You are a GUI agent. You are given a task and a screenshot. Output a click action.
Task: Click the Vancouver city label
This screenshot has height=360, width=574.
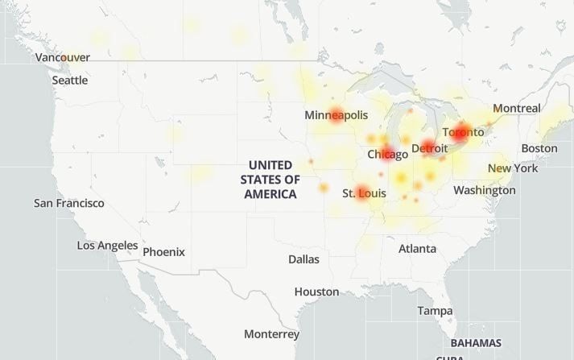pyautogui.click(x=63, y=57)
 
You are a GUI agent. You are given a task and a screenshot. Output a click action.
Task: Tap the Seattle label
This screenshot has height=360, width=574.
pyautogui.click(x=70, y=80)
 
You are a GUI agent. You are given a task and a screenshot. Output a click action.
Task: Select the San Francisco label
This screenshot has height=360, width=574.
pyautogui.click(x=68, y=203)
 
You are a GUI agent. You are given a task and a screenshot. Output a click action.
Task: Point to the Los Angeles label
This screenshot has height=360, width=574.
pyautogui.click(x=107, y=245)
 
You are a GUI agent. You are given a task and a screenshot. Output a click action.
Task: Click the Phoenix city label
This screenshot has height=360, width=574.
pyautogui.click(x=163, y=252)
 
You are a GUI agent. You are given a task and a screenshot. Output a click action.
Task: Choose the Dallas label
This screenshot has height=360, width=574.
pyautogui.click(x=304, y=259)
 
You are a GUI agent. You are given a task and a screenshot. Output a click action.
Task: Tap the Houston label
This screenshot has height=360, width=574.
pyautogui.click(x=316, y=292)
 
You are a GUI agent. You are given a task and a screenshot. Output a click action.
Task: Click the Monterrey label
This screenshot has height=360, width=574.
pyautogui.click(x=271, y=333)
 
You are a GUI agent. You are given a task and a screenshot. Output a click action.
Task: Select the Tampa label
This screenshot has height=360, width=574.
pyautogui.click(x=435, y=310)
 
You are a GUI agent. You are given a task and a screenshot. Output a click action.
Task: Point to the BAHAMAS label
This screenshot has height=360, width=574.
pyautogui.click(x=476, y=342)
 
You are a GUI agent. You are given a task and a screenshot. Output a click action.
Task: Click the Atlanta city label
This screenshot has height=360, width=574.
pyautogui.click(x=417, y=249)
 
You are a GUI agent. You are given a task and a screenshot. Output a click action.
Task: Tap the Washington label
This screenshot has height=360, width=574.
pyautogui.click(x=484, y=190)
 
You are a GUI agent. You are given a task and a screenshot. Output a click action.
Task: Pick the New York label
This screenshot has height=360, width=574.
pyautogui.click(x=513, y=168)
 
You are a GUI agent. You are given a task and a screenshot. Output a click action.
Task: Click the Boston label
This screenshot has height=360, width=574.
pyautogui.click(x=539, y=148)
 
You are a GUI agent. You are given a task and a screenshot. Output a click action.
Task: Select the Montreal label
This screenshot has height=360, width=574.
pyautogui.click(x=516, y=108)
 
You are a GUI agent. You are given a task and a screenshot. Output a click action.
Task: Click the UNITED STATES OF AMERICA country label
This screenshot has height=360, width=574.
pyautogui.click(x=270, y=180)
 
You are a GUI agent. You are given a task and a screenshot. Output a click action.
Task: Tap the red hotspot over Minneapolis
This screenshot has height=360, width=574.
pyautogui.click(x=337, y=114)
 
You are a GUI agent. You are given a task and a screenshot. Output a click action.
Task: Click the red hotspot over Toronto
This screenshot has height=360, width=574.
pyautogui.click(x=460, y=134)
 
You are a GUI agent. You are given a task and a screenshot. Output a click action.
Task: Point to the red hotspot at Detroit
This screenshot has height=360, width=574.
pyautogui.click(x=427, y=148)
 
